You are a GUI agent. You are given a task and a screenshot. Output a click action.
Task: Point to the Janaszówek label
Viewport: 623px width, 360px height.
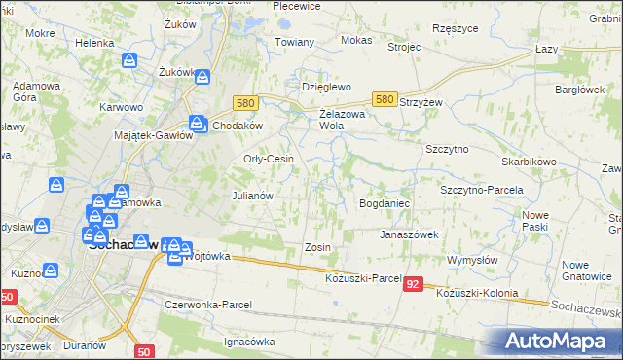tap(409, 234)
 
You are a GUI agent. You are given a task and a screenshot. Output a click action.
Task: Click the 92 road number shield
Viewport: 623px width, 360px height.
tap(414, 284)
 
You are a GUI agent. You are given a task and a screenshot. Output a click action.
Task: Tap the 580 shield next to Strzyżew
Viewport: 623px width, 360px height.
tap(385, 99)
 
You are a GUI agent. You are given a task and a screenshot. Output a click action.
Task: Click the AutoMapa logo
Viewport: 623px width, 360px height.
tap(560, 341)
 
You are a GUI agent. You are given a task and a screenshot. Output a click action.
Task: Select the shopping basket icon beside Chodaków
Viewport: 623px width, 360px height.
tap(198, 124)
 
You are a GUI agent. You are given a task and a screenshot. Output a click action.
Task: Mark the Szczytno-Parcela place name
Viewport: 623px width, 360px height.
tap(482, 190)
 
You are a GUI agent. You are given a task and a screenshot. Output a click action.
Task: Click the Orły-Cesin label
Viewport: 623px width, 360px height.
tap(268, 160)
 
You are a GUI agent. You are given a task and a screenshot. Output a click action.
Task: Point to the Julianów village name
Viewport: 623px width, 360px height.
tap(250, 196)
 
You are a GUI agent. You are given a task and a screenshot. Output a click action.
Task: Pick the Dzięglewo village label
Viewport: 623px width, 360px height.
tap(325, 86)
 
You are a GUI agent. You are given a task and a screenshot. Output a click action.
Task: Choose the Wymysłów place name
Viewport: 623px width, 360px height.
tap(473, 261)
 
